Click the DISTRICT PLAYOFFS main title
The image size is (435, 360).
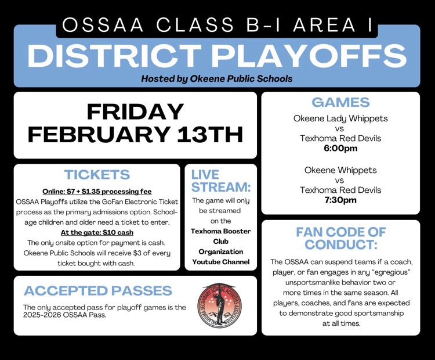[x=217, y=55]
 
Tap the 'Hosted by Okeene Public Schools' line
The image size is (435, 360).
[x=217, y=78]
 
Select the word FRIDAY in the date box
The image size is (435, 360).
[x=135, y=111]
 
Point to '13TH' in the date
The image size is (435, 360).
[x=210, y=135]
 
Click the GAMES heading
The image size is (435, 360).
[x=340, y=103]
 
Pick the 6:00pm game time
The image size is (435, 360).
[x=340, y=149]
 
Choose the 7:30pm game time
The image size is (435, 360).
[x=340, y=200]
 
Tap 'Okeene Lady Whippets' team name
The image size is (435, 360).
[x=340, y=118]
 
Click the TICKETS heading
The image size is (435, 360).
[x=97, y=174]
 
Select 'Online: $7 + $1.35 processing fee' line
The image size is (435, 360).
[x=97, y=192]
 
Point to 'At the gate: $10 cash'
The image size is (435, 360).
[x=97, y=232]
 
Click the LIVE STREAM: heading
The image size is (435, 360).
[x=220, y=181]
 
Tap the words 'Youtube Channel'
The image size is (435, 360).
[x=221, y=262]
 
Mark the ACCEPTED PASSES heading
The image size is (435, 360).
[x=97, y=290]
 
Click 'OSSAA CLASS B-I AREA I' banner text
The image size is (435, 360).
[x=217, y=25]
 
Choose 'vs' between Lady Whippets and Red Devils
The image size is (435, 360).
[x=340, y=128]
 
